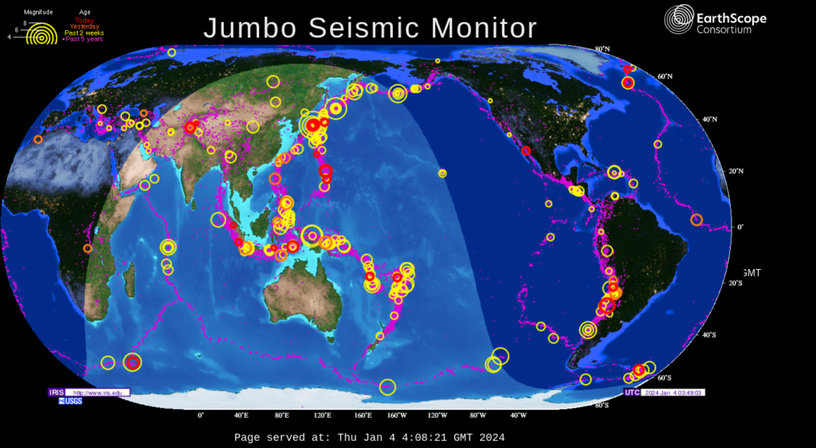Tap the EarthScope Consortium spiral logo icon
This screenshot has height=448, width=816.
(678, 19)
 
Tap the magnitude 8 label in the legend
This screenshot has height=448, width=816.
(25, 23)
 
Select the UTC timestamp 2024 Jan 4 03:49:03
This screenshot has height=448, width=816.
(673, 392)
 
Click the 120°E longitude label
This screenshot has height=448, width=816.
(323, 415)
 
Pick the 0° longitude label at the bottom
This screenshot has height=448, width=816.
(201, 415)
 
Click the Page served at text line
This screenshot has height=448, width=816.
(369, 438)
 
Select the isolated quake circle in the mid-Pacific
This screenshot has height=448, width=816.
(442, 173)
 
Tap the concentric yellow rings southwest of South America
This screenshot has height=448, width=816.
(588, 329)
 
